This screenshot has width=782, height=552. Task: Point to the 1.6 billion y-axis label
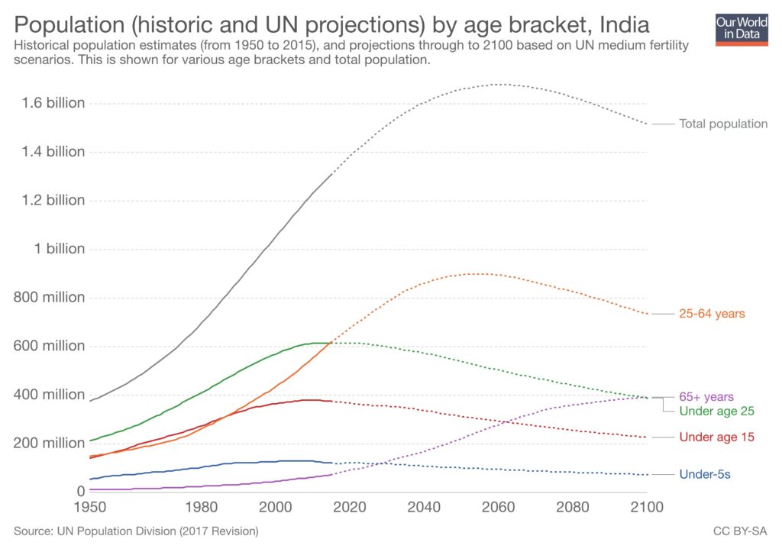pyautogui.click(x=49, y=103)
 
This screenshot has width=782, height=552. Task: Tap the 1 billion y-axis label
pyautogui.click(x=59, y=249)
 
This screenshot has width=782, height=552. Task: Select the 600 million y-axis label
pyautogui.click(x=49, y=346)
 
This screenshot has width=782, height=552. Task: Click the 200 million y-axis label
pyautogui.click(x=49, y=443)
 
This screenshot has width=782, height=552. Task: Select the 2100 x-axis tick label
pyautogui.click(x=646, y=506)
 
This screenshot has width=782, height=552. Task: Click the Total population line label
pyautogui.click(x=723, y=124)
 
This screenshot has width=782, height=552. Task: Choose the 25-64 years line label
pyautogui.click(x=712, y=314)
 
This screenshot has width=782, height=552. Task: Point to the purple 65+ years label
pyautogui.click(x=706, y=397)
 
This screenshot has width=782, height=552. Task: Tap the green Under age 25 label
pyautogui.click(x=716, y=411)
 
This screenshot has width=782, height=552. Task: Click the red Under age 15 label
pyautogui.click(x=716, y=437)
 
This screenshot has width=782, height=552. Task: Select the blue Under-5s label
pyautogui.click(x=705, y=475)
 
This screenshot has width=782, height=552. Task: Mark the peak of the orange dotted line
pyautogui.click(x=480, y=273)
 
